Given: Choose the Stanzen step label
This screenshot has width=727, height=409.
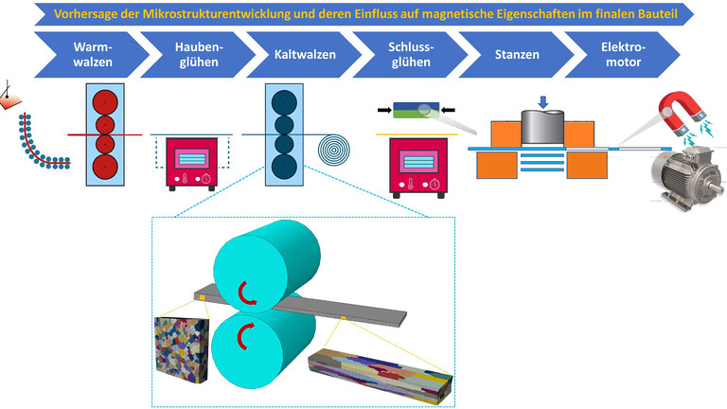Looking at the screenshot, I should [x=517, y=54].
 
